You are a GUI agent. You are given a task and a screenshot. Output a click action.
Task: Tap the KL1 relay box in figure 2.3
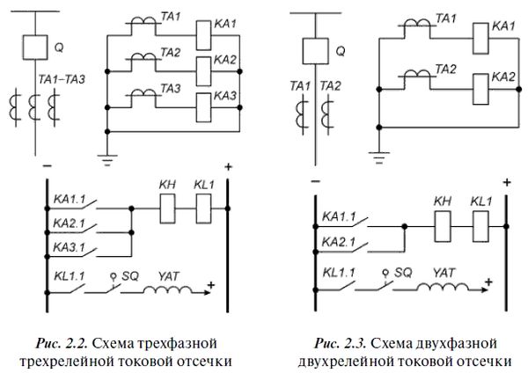pos(480,227)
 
